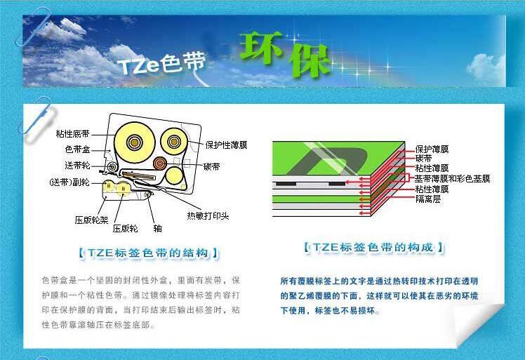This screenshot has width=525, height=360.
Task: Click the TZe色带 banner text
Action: tap(161, 64)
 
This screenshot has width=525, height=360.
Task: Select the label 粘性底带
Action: tap(72, 134)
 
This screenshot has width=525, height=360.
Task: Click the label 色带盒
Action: tap(77, 149)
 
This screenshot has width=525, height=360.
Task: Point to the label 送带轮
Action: tap(77, 166)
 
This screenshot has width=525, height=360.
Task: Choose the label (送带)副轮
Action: tap(69, 182)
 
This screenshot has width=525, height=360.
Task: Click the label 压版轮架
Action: tap(91, 220)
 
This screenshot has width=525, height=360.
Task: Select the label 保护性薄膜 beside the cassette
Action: tap(226, 145)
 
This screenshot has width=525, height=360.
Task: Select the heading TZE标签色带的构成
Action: tap(375, 248)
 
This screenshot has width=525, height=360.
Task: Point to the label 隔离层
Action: tap(427, 199)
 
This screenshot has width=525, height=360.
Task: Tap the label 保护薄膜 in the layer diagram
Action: tap(432, 149)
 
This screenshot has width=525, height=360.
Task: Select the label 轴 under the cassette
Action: tap(157, 228)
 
